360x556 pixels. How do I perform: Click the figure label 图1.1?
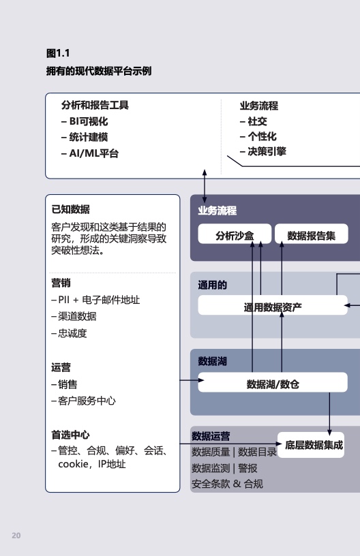pos(58,53)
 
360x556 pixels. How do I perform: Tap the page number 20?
pos(16,536)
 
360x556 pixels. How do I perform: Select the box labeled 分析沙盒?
pos(235,234)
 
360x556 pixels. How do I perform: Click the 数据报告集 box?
pos(312,234)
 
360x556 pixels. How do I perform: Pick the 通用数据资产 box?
pos(273,305)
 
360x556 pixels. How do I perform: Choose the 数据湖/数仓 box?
pos(273,382)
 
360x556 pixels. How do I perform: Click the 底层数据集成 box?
pos(311,445)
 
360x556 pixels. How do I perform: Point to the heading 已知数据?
pos(71,209)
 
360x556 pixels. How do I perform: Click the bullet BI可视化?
pos(85,121)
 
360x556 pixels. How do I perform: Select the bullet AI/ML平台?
pos(90,153)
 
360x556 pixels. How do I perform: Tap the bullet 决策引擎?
pos(262,151)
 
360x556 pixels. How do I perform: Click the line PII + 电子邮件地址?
pos(95,300)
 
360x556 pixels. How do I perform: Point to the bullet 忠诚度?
pos(69,333)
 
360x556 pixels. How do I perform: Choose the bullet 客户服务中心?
pos(84,401)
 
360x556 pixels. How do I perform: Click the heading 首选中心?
pos(71,435)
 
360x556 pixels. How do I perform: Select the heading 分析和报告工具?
pos(95,105)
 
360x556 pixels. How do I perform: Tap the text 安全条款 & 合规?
pos(227,484)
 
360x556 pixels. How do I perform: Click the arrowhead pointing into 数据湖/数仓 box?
pos(201,380)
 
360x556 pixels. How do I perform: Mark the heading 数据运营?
pos(211,436)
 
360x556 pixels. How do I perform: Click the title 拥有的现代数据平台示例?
pos(99,71)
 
